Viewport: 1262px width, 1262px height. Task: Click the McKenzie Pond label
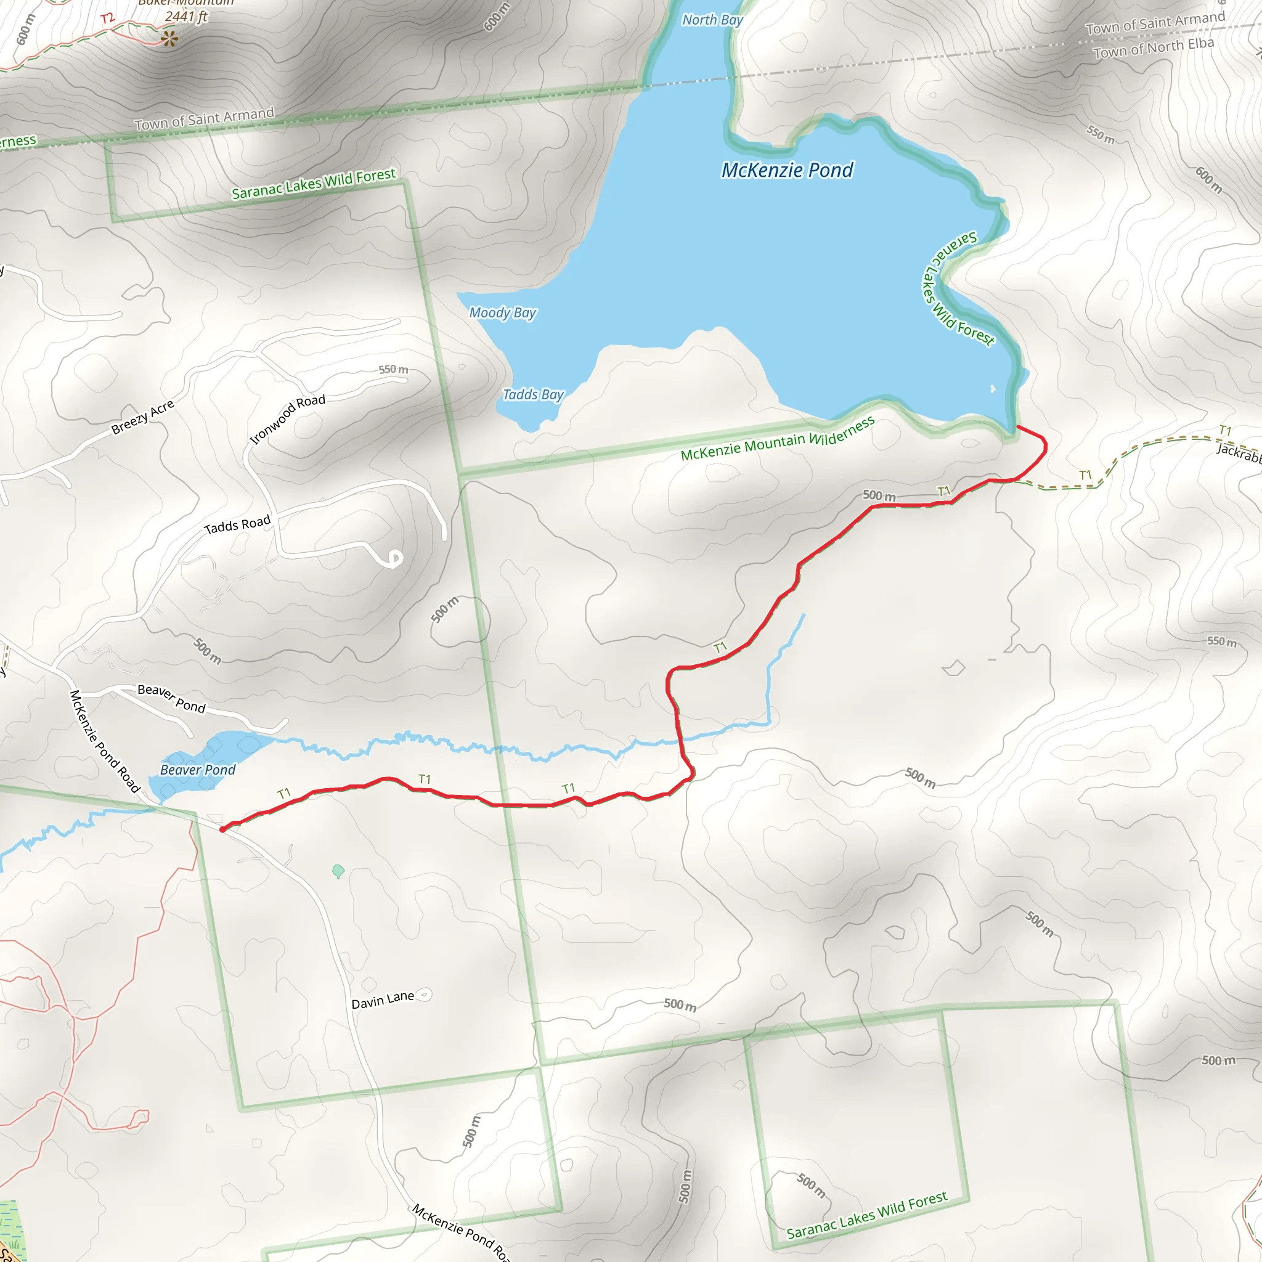coord(786,171)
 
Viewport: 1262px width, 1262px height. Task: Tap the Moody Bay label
coord(502,313)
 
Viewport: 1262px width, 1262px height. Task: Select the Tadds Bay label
coord(532,394)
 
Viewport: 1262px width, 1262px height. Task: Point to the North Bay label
coord(712,20)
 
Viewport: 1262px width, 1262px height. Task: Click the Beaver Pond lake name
coord(197,770)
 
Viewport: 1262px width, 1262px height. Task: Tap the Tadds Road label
coord(237,524)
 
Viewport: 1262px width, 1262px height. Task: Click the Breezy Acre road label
coord(142,417)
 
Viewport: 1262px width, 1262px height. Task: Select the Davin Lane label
coord(382,1000)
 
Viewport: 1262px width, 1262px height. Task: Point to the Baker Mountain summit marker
coord(170,39)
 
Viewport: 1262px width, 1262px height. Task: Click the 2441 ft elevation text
coord(186,17)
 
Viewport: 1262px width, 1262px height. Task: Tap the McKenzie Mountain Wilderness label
coord(777,439)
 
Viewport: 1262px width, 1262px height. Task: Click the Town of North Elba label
coord(1153,47)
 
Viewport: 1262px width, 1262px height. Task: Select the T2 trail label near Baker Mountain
coord(108,18)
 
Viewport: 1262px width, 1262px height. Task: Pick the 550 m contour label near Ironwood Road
coord(393,370)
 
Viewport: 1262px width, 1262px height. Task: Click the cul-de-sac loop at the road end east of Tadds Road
coord(394,558)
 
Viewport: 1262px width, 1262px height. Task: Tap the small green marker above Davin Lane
coord(338,871)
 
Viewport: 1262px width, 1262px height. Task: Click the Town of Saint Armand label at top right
coord(1155,23)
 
